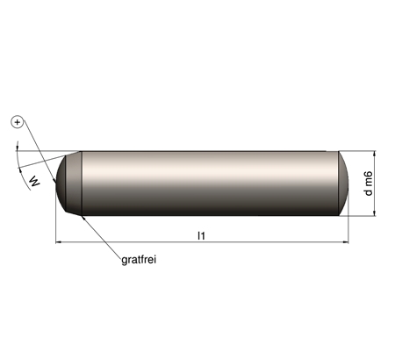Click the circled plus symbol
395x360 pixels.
(x=17, y=122)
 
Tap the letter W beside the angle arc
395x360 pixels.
(x=35, y=181)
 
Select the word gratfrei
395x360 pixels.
(x=139, y=260)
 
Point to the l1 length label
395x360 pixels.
(x=201, y=235)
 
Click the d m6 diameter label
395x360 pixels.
(x=369, y=184)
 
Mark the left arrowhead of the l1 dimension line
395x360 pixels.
(x=58, y=242)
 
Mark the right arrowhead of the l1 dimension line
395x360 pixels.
(x=346, y=242)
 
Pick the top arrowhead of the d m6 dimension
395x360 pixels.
(x=375, y=154)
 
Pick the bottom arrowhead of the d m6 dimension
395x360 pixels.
(x=375, y=213)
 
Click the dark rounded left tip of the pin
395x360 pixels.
(x=61, y=184)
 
